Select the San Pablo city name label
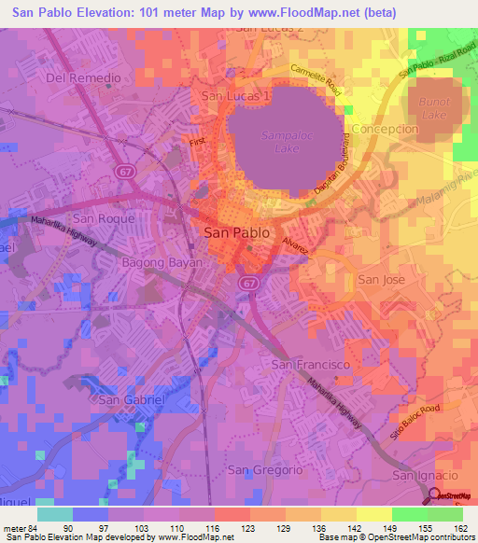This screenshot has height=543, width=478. click(x=237, y=233)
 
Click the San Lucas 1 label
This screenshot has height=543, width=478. click(x=234, y=96)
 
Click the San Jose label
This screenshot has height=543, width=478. click(x=382, y=279)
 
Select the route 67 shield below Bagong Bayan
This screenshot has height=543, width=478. click(x=247, y=281)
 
